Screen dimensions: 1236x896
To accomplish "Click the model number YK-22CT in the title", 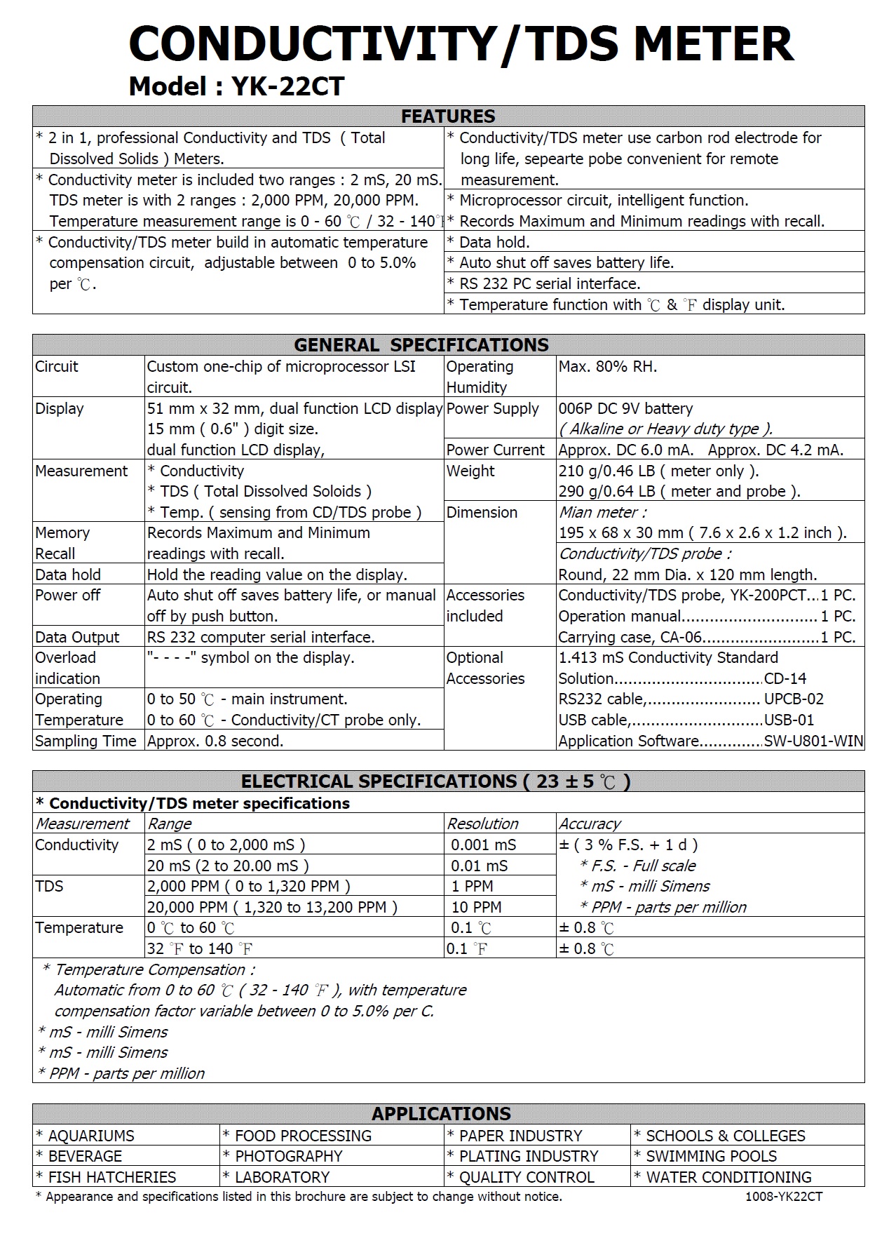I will click(x=287, y=86).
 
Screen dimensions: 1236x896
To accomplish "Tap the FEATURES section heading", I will click(x=448, y=116).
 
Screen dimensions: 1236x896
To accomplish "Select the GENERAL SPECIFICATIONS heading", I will click(x=421, y=345).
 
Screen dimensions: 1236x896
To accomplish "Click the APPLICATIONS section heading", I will click(x=441, y=1114).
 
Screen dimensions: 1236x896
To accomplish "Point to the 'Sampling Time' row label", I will click(x=86, y=741).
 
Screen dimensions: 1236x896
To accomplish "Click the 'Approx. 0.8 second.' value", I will click(x=215, y=741).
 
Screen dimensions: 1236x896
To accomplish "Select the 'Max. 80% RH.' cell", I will click(x=608, y=366).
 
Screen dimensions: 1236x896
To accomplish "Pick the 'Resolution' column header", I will click(x=483, y=824).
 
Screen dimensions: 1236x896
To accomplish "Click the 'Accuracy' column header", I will click(x=590, y=824).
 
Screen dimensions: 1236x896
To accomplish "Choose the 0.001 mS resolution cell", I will click(x=484, y=845).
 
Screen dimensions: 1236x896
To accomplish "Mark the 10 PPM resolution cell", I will click(x=477, y=907).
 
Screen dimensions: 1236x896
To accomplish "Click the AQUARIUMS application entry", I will click(x=91, y=1136).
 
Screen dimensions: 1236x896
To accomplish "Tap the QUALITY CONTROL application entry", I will click(x=527, y=1177).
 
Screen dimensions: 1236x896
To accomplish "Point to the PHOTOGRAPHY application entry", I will click(x=288, y=1156).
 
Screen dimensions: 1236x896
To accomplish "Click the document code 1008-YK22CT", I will click(x=784, y=1197).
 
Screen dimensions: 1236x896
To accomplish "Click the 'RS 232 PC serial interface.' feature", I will click(x=550, y=283).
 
